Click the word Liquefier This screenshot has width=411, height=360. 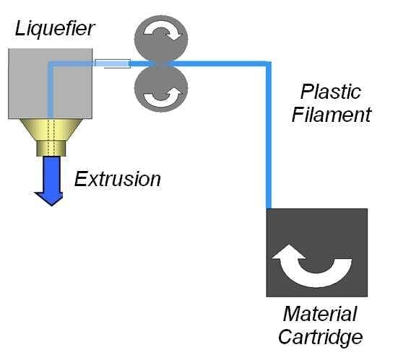tap(54, 29)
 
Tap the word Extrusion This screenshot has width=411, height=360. tap(118, 180)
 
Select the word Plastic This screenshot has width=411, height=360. tap(331, 92)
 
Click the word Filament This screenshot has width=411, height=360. tap(332, 115)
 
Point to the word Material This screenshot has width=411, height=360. tap(320, 314)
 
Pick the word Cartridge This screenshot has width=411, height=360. tap(320, 337)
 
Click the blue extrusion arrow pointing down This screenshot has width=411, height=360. tap(51, 181)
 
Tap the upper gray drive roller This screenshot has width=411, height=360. tap(161, 40)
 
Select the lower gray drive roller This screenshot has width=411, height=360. tap(161, 88)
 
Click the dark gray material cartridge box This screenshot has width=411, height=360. tap(317, 253)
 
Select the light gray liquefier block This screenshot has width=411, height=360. tap(51, 84)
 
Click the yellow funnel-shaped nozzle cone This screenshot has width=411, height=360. tap(51, 130)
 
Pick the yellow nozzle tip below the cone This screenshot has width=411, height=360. tap(51, 149)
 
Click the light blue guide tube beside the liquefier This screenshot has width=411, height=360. tap(113, 63)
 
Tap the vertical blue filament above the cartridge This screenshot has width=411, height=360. tap(269, 136)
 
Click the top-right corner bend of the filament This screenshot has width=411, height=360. tap(269, 63)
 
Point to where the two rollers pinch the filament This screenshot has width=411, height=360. tap(161, 64)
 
